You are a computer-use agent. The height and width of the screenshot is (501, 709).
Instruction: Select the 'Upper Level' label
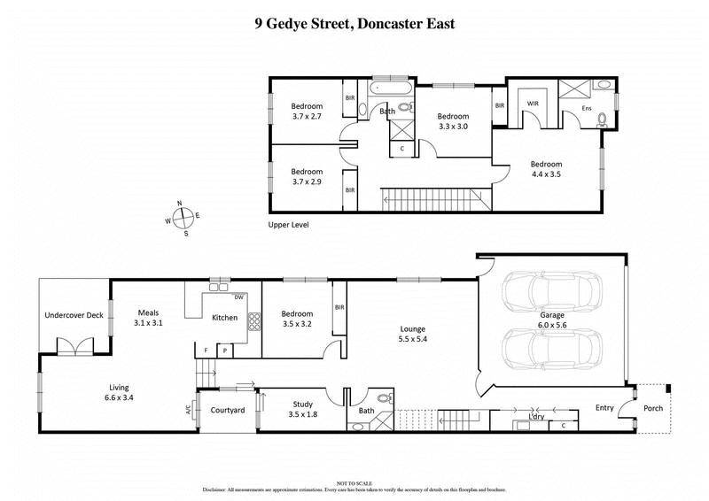290,225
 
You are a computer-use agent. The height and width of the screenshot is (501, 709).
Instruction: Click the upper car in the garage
551,291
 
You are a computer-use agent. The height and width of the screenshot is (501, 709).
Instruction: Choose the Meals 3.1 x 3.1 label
149,318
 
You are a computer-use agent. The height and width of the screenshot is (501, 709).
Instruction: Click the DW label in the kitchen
239,297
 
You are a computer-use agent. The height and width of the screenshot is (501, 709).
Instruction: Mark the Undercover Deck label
74,315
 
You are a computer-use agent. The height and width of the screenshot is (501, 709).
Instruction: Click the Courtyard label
227,411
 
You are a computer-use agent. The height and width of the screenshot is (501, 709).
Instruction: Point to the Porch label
654,408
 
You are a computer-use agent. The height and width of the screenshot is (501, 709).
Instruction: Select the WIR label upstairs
533,104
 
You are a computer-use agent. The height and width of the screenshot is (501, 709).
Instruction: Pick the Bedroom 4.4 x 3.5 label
546,169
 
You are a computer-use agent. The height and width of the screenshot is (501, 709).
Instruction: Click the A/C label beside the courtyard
188,410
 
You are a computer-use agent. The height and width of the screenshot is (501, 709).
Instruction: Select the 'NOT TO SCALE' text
354,481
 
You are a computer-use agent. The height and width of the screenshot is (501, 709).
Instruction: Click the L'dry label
535,416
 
